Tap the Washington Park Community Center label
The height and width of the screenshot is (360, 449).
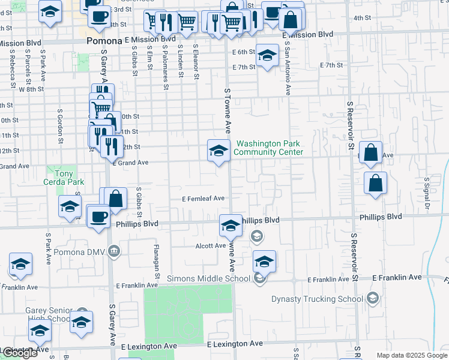pyautogui.click(x=268, y=148)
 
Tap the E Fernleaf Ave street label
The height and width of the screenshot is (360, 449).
pyautogui.click(x=203, y=199)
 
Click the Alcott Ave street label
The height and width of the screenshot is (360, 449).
pyautogui.click(x=210, y=246)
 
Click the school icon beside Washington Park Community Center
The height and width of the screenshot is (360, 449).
pyautogui.click(x=218, y=150)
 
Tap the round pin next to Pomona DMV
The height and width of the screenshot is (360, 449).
pyautogui.click(x=115, y=250)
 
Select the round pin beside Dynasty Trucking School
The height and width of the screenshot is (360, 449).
pyautogui.click(x=373, y=298)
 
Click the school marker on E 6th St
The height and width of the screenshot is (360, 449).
pyautogui.click(x=267, y=56)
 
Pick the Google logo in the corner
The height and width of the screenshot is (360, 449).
pyautogui.click(x=20, y=353)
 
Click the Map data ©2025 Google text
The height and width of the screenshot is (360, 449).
pyautogui.click(x=412, y=355)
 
